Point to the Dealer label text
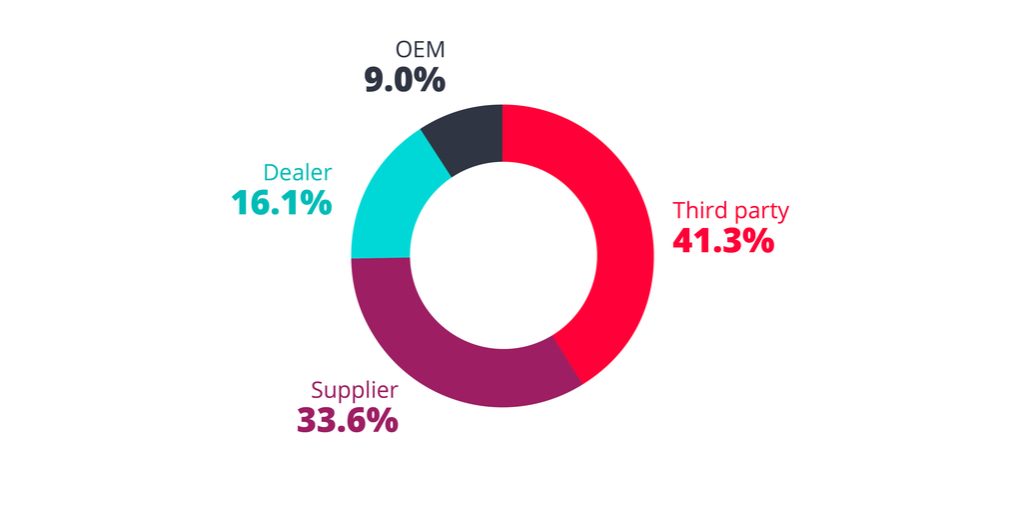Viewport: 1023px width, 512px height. [x=298, y=172]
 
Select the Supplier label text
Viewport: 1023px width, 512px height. [x=355, y=390]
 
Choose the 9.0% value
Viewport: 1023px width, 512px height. [x=404, y=80]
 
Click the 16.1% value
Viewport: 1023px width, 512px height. [x=281, y=203]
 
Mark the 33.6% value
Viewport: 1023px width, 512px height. [x=347, y=420]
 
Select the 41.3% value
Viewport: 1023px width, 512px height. [x=723, y=241]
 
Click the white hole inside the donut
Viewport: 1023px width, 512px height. [x=502, y=255]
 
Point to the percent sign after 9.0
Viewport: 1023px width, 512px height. [x=430, y=80]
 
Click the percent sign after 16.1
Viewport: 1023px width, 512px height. [x=316, y=203]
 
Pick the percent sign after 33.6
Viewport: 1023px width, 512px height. [x=382, y=420]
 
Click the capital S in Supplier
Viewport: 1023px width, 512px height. [x=318, y=390]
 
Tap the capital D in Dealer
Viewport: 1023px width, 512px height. [x=271, y=172]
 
